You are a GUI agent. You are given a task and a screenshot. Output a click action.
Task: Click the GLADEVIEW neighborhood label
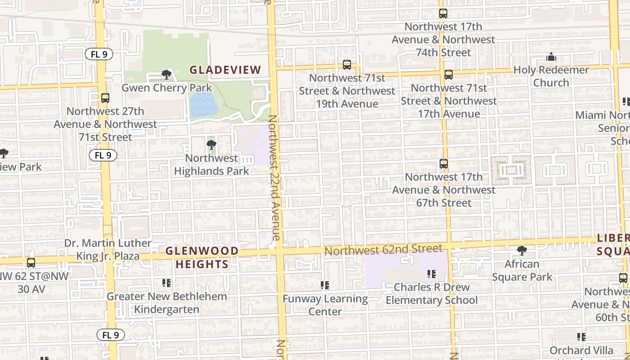coord(225,70)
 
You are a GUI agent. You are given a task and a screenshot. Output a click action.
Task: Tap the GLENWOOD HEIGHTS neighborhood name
coord(202,257)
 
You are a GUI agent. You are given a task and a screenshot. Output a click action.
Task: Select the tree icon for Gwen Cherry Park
coord(166,75)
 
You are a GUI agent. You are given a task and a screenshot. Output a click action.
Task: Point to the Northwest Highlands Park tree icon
coord(211,145)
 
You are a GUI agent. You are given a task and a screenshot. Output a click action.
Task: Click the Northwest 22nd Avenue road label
coord(274,178)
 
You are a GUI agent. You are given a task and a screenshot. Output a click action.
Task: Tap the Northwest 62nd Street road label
coord(383,249)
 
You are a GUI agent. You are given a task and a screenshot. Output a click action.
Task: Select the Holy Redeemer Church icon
coord(551,57)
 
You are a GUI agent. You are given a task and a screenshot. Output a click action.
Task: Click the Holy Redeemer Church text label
coord(551,76)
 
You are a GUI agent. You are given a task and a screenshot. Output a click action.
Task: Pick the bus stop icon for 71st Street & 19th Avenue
coord(346,65)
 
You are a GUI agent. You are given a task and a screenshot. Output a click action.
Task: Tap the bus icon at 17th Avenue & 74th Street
coord(443,13)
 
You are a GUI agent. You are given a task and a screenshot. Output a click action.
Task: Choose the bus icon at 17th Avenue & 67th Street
coord(444,164)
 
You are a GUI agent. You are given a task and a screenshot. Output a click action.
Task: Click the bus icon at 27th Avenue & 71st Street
coord(105,98)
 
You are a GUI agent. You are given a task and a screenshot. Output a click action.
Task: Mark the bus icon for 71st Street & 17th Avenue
coord(448,75)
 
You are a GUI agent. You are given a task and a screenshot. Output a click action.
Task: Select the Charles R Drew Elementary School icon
coord(431,274)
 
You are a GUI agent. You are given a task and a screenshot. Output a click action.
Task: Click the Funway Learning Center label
coord(325,305)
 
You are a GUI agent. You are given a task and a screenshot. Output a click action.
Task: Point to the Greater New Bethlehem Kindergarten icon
coord(166,283)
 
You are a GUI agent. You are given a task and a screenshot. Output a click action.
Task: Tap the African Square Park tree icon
coord(522,251)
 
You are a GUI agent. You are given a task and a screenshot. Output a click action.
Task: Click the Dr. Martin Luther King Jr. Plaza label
coord(108,250)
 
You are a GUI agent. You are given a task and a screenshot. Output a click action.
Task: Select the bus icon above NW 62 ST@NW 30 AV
coord(31,263)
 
